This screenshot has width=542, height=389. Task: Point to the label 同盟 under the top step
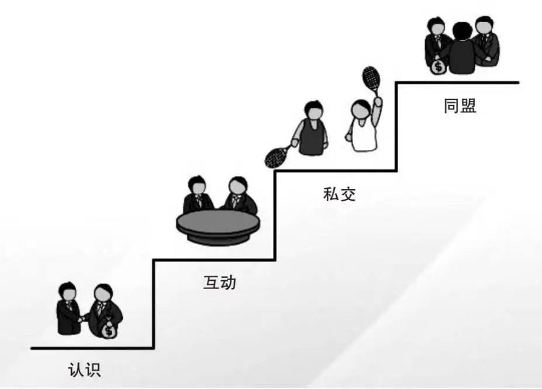point(460,106)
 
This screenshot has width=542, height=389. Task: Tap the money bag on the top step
point(438,66)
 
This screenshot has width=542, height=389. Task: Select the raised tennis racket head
point(370,77)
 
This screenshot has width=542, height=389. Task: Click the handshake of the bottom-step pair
point(82,318)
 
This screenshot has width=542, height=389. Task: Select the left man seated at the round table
point(196,196)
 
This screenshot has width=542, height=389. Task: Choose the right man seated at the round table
point(239,196)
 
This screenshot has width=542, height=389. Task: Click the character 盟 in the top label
point(468,106)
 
